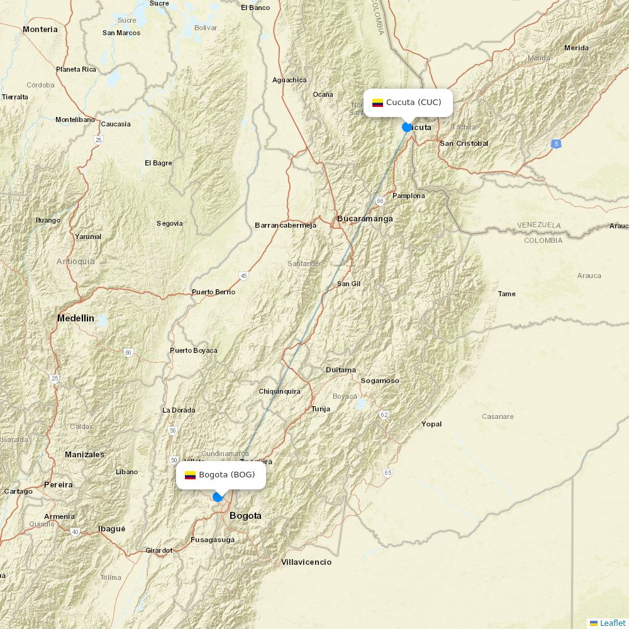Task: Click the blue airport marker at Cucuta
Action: pyautogui.click(x=407, y=127)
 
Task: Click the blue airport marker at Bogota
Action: pyautogui.click(x=218, y=497)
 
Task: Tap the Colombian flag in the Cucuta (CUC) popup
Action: pyautogui.click(x=377, y=103)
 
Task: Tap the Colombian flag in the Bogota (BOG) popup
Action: pyautogui.click(x=190, y=475)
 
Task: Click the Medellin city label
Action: pyautogui.click(x=75, y=318)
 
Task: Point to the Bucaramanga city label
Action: pyautogui.click(x=365, y=219)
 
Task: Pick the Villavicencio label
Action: pyautogui.click(x=306, y=562)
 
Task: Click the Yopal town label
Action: pyautogui.click(x=431, y=424)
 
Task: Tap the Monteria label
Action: pyautogui.click(x=40, y=30)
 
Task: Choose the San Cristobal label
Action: pyautogui.click(x=464, y=143)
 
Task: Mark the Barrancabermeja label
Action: pyautogui.click(x=285, y=225)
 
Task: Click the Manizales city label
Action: pyautogui.click(x=84, y=454)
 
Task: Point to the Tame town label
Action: pyautogui.click(x=506, y=294)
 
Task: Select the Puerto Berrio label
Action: pyautogui.click(x=213, y=292)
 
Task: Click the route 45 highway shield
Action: pyautogui.click(x=243, y=276)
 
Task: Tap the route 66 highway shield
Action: pyautogui.click(x=380, y=201)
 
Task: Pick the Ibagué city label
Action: pyautogui.click(x=111, y=529)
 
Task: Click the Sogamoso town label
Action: pyautogui.click(x=379, y=381)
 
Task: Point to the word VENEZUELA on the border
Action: pyautogui.click(x=538, y=225)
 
